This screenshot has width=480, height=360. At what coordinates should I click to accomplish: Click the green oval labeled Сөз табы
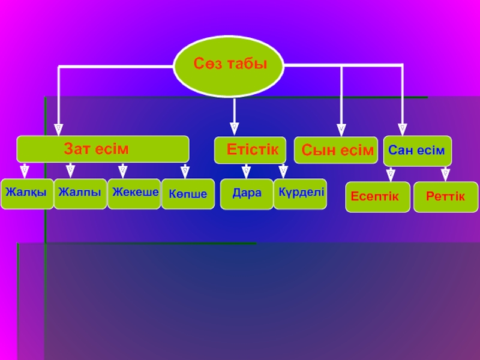(229, 64)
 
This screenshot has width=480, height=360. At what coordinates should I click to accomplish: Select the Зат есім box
(103, 149)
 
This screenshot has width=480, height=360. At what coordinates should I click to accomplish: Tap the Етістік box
(250, 150)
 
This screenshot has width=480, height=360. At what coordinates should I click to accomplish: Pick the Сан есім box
(417, 151)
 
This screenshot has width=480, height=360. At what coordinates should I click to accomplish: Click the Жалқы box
(26, 193)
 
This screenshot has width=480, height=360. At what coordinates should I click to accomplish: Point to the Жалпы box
(80, 193)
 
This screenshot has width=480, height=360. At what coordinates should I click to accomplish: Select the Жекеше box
(134, 193)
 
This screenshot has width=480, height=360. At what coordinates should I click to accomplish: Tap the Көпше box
(188, 194)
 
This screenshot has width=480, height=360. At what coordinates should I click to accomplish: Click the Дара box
(247, 194)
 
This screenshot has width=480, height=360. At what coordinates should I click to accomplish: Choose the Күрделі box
(300, 193)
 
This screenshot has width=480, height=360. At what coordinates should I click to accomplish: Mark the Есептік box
(377, 197)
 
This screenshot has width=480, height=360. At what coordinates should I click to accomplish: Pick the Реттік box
(445, 197)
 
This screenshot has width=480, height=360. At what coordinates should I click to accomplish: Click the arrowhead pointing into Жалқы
(25, 172)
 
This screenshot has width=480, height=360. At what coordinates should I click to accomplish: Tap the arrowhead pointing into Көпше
(185, 172)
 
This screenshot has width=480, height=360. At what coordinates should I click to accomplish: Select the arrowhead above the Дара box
(246, 172)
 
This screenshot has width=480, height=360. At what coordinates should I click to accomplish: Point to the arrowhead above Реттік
(445, 174)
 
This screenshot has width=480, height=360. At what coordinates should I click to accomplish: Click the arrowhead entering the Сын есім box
(341, 128)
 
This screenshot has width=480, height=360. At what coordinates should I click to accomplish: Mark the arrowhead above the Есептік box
(391, 174)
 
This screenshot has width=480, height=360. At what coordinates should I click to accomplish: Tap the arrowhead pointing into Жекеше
(122, 172)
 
